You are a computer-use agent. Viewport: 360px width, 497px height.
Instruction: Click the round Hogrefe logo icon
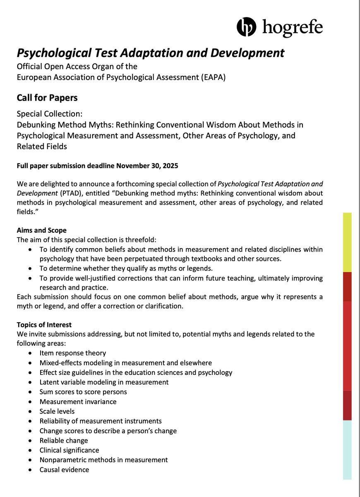[247, 27]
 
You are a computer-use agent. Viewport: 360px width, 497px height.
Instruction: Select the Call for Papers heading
[47, 98]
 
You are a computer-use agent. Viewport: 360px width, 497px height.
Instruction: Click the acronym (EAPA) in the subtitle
[213, 77]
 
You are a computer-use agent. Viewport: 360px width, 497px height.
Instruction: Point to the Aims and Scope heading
[41, 230]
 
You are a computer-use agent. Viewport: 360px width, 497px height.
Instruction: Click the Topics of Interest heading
[44, 324]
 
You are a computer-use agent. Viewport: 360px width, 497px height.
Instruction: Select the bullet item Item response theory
[73, 353]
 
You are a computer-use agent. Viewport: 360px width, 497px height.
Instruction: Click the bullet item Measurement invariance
[78, 401]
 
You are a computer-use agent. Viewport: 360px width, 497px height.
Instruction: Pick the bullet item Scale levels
[57, 411]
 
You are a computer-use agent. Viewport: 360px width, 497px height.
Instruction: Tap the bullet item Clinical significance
[69, 450]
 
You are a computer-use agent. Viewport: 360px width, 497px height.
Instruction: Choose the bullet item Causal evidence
[64, 469]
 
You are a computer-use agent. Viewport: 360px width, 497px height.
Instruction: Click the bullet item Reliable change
[64, 440]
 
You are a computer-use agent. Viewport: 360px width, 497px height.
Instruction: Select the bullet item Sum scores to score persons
[83, 391]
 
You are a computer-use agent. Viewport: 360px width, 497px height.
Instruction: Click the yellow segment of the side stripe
[347, 242]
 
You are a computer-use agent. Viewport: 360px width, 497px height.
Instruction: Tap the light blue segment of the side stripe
[347, 449]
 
